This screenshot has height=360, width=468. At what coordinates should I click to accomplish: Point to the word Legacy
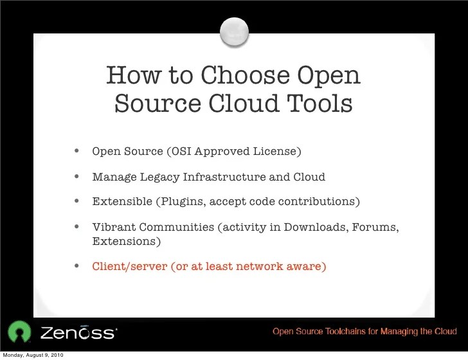(159, 177)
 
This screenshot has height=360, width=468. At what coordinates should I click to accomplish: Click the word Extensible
(122, 201)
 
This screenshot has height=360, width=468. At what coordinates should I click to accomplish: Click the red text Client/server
(129, 265)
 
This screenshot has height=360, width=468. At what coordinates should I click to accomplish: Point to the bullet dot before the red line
(77, 265)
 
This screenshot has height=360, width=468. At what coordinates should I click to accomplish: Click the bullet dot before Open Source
(77, 152)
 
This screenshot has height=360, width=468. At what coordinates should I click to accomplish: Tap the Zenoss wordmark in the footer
(78, 332)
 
